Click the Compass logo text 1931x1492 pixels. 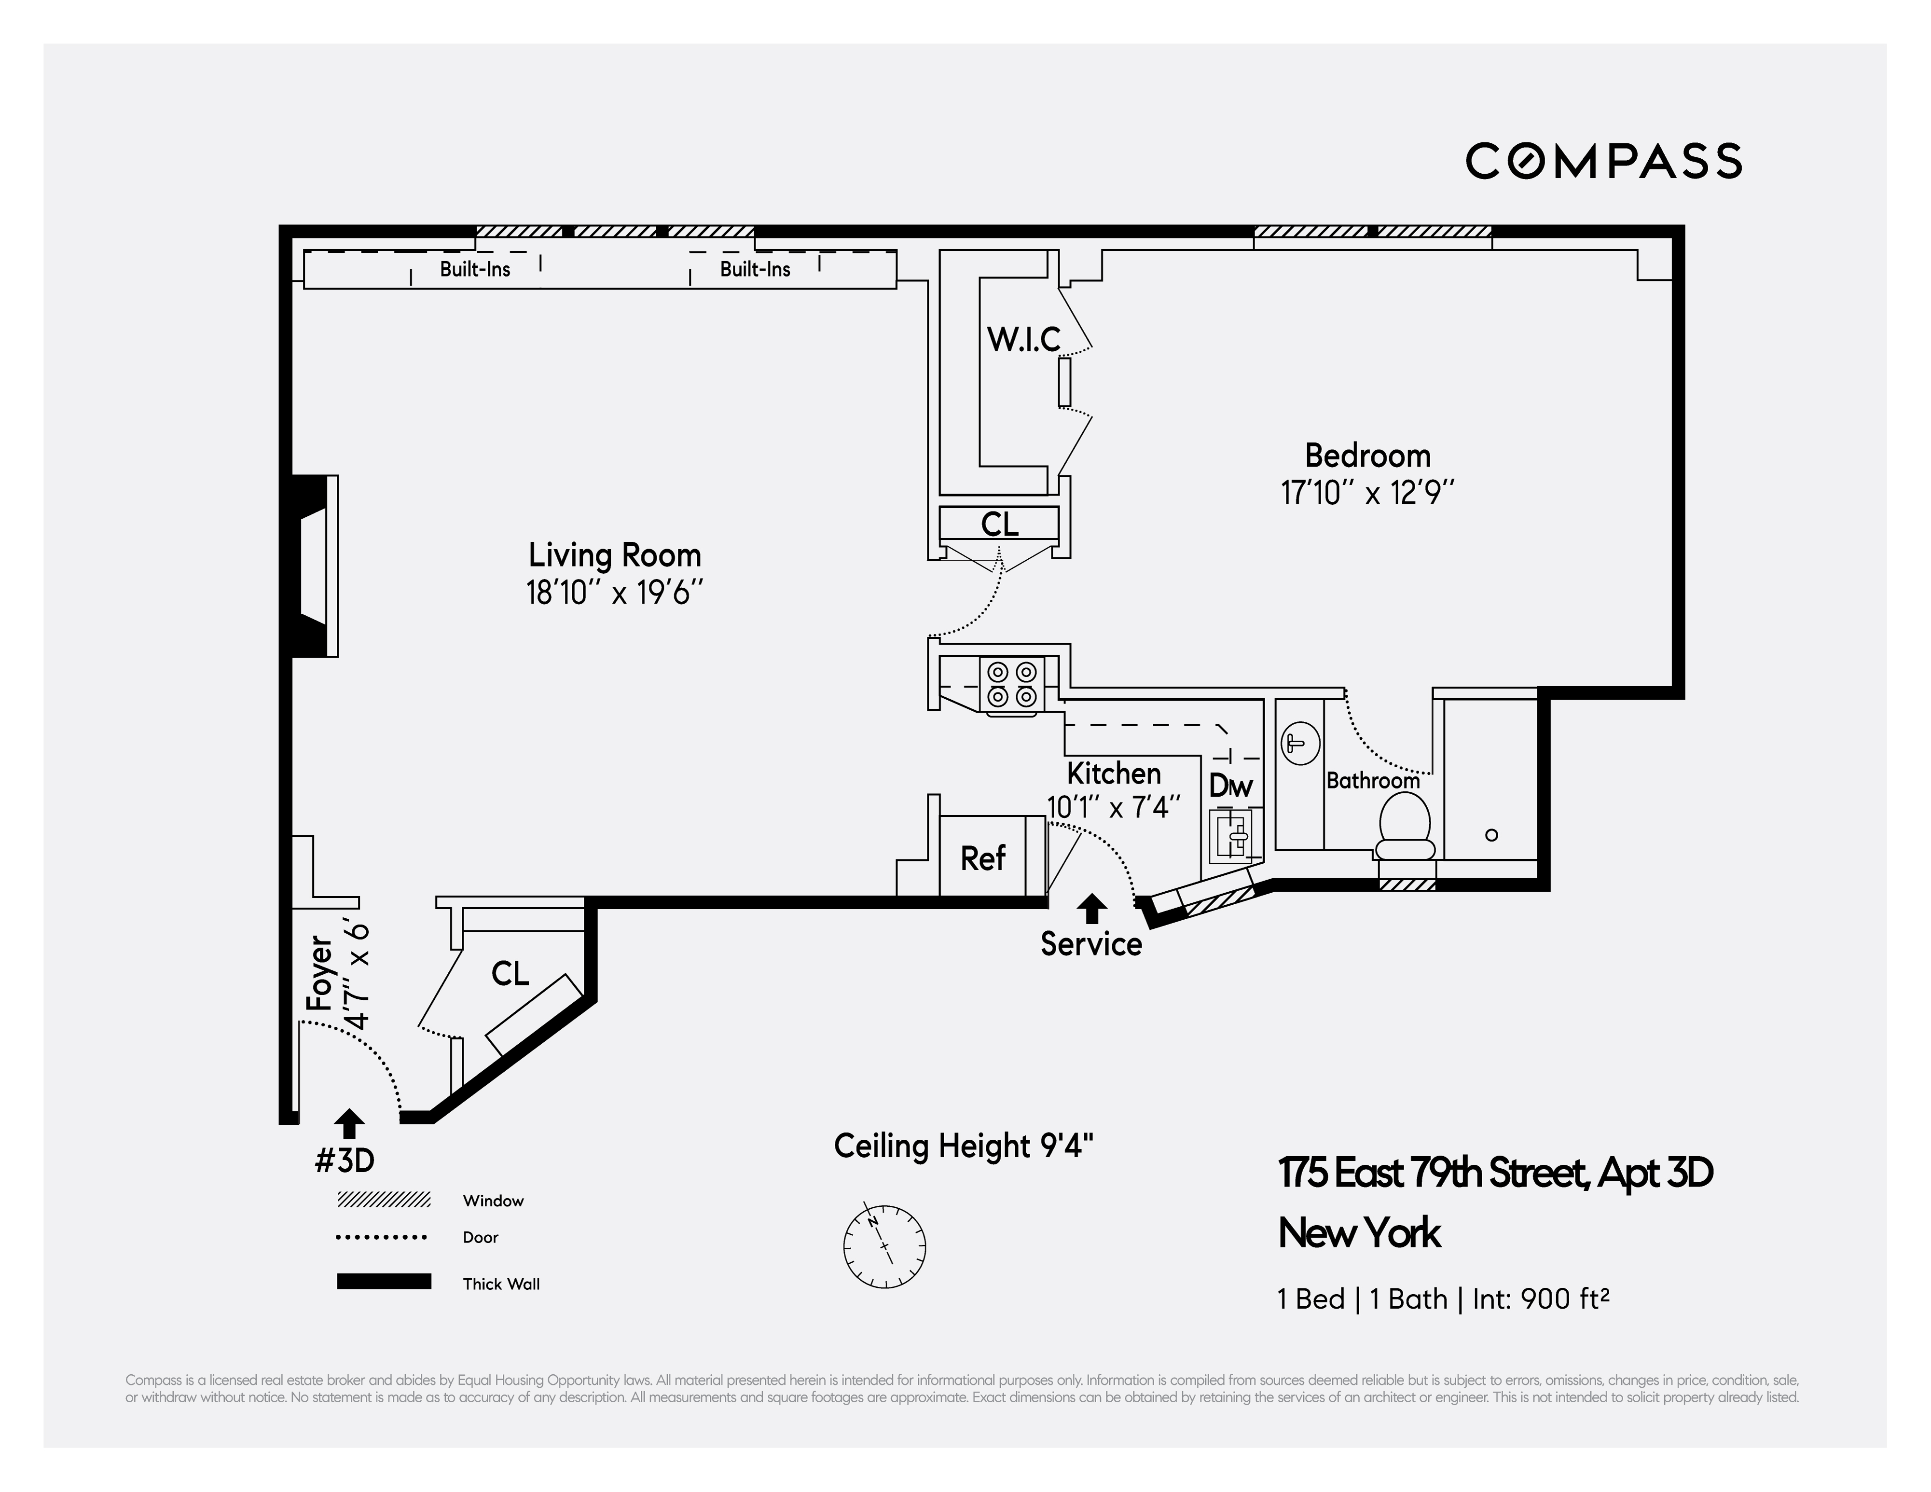pyautogui.click(x=1603, y=161)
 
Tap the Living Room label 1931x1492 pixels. pyautogui.click(x=615, y=555)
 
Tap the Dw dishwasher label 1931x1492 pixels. pyautogui.click(x=1231, y=786)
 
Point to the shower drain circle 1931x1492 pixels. pyautogui.click(x=1491, y=835)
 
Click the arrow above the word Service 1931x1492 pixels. pyautogui.click(x=1092, y=908)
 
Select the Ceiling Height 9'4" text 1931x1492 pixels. pyautogui.click(x=963, y=1146)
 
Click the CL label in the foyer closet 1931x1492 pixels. pyautogui.click(x=510, y=974)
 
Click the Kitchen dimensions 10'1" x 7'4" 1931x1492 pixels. pyautogui.click(x=1113, y=807)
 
